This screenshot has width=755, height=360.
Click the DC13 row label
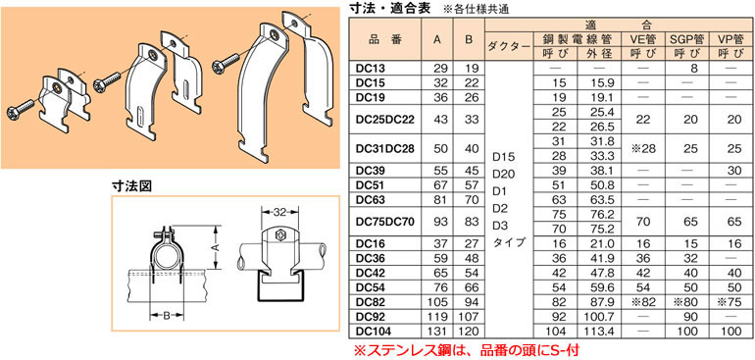click(x=372, y=69)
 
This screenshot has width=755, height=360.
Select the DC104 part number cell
click(x=375, y=332)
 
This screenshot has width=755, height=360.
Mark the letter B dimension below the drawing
click(x=168, y=316)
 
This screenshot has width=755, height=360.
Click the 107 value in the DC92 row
click(x=471, y=318)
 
